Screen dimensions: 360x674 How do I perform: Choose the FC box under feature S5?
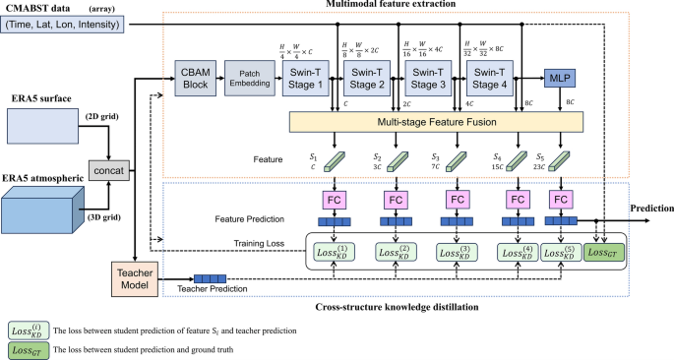point(561,201)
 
